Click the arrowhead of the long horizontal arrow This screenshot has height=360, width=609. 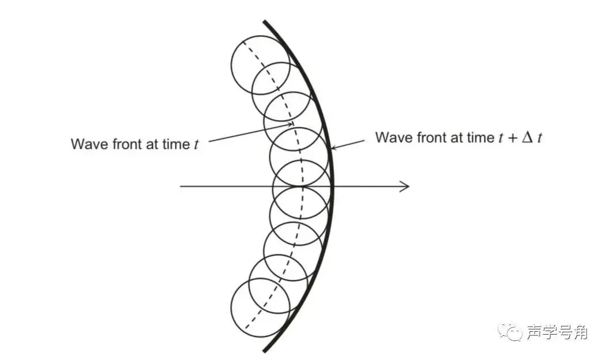pos(406,186)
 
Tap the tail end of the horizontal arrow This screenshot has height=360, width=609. pos(181,186)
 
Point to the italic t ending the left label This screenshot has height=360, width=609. pos(196,144)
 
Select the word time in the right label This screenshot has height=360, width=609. pos(480,137)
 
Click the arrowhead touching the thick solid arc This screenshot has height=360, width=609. pos(333,148)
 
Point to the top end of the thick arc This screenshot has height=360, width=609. pos(264,22)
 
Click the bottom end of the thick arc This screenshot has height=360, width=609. pos(264,351)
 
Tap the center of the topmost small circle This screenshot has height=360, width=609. pos(260,65)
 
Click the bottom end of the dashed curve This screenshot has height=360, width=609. pos(246,330)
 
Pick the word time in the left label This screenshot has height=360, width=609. pos(174,144)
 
